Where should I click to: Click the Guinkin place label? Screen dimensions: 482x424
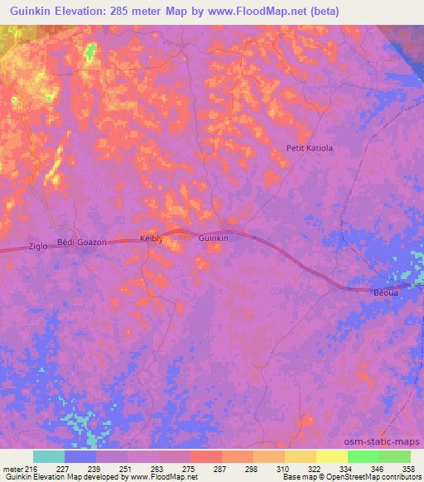pyautogui.click(x=214, y=238)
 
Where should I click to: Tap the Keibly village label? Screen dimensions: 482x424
pyautogui.click(x=153, y=239)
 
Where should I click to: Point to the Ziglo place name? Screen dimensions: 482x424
pyautogui.click(x=38, y=247)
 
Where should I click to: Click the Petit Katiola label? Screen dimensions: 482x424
pyautogui.click(x=309, y=149)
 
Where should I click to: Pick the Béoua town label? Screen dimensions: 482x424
pyautogui.click(x=386, y=293)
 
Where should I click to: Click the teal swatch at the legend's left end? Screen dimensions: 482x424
pyautogui.click(x=49, y=456)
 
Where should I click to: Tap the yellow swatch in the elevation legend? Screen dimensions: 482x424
pyautogui.click(x=332, y=456)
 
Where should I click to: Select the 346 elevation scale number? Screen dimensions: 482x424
pyautogui.click(x=378, y=469)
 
